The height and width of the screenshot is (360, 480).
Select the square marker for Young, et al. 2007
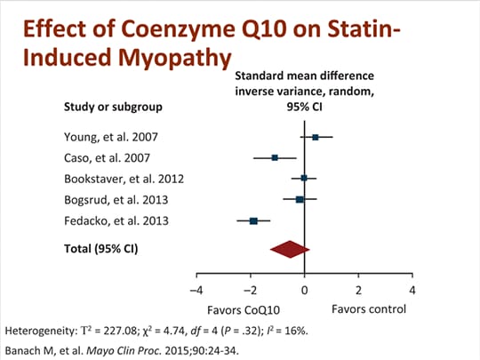316,137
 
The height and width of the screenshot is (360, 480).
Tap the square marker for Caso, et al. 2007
275,157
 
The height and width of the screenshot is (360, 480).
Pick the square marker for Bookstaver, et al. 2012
304,178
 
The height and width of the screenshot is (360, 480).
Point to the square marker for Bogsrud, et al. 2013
300,199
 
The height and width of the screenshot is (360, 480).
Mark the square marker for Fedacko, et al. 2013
253,220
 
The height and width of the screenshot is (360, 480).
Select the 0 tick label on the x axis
305,291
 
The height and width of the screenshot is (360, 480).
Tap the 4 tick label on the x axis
412,291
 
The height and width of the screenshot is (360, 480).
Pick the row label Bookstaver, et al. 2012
123,178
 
